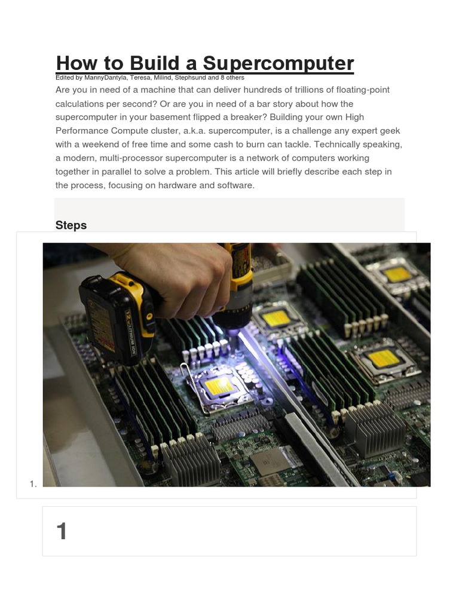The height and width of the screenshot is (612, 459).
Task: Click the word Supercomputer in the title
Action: pyautogui.click(x=279, y=63)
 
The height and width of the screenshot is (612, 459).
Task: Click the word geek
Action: pyautogui.click(x=387, y=131)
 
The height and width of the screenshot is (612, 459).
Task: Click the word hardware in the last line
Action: pyautogui.click(x=183, y=185)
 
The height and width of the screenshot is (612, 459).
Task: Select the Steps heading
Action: pyautogui.click(x=71, y=225)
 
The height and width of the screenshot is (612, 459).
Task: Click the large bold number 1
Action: pyautogui.click(x=62, y=531)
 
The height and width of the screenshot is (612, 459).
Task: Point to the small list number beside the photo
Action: pyautogui.click(x=33, y=484)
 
